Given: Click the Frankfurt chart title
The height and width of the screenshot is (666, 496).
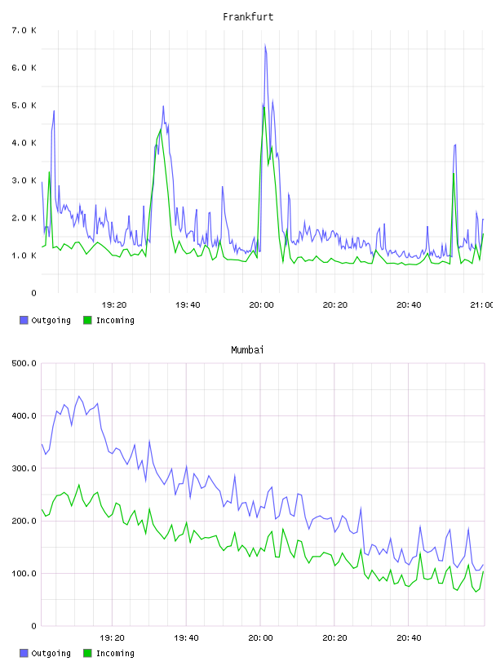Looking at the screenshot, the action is [248, 17].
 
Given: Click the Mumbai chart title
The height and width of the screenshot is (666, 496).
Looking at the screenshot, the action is [247, 350].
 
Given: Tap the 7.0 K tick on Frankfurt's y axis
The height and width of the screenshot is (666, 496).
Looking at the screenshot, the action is [24, 30].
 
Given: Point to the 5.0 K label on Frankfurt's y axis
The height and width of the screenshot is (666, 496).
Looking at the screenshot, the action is [24, 105].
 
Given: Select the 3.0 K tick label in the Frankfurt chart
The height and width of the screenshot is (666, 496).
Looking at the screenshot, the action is [24, 180].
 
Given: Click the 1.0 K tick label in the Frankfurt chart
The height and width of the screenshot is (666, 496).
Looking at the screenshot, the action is [24, 255].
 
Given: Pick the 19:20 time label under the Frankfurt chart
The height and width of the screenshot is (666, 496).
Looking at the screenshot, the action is [114, 305].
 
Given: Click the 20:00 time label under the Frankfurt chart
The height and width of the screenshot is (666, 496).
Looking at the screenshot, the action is [261, 305].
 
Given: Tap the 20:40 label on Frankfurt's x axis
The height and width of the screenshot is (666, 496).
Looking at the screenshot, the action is [409, 305].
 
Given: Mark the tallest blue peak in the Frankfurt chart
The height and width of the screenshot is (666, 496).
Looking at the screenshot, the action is [265, 44].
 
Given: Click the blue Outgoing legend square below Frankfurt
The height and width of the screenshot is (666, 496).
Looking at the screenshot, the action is [24, 320].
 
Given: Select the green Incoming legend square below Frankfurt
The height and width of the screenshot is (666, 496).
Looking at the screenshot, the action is [87, 320].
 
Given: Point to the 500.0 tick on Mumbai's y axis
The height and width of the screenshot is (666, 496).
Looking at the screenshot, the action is [24, 363].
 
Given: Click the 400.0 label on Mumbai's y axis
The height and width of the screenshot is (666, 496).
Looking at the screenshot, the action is [24, 415].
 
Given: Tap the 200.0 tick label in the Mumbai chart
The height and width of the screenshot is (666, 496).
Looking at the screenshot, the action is [24, 522].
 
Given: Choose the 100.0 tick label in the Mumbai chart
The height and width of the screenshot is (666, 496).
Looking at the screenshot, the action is [24, 574].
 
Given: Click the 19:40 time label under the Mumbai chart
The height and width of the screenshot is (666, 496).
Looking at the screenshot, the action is [186, 638].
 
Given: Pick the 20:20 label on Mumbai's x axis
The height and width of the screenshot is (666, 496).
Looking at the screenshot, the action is [334, 638].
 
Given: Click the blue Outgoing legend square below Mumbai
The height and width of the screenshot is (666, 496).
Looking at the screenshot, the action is [24, 653].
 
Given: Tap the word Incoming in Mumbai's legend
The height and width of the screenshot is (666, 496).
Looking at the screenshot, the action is [115, 654].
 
